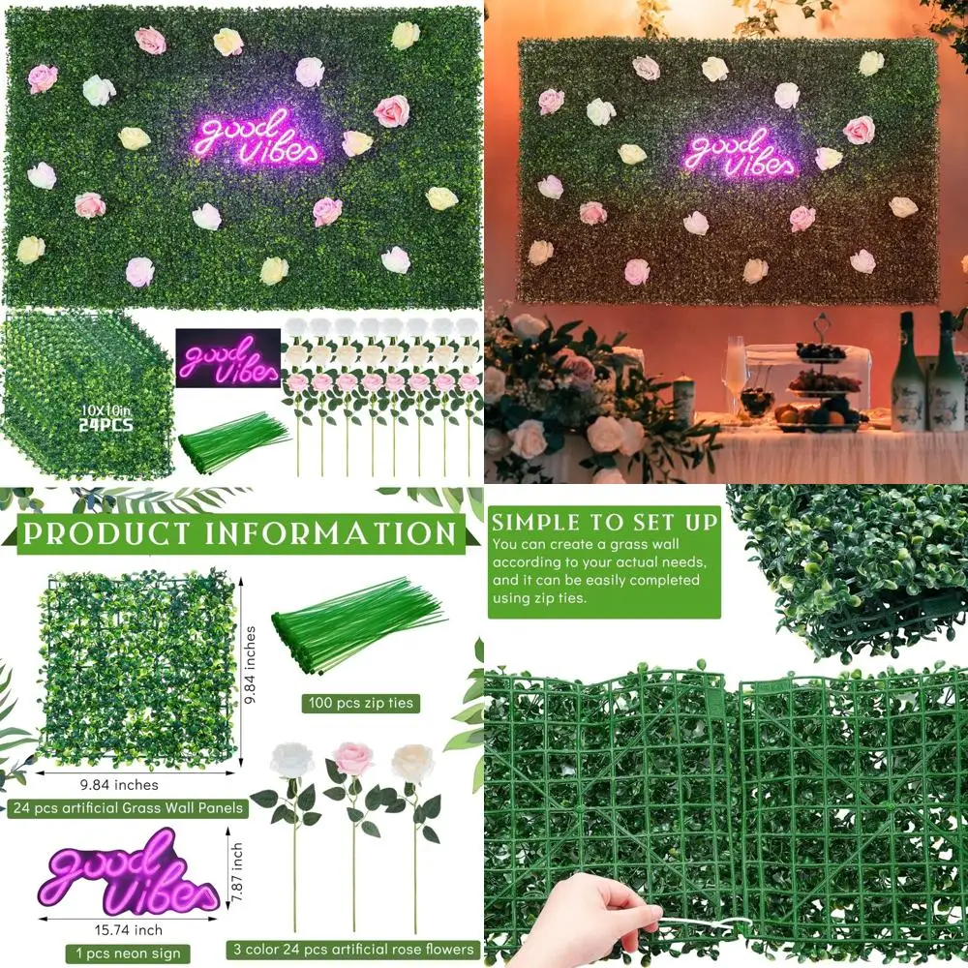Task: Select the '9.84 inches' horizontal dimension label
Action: tap(121, 785)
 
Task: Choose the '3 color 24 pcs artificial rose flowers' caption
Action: tap(353, 949)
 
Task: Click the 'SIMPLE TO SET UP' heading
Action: tap(604, 523)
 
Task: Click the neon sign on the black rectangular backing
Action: tap(226, 356)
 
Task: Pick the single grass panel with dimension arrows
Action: tap(136, 668)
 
